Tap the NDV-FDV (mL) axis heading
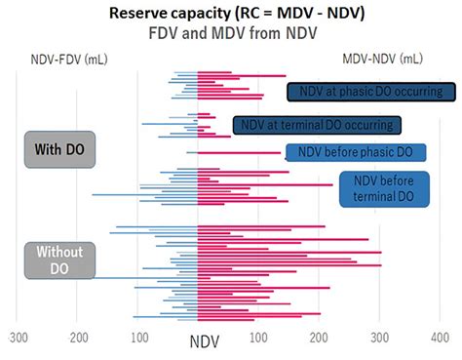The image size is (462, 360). click(59, 60)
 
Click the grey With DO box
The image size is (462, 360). click(58, 149)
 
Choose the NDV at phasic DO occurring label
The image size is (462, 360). click(371, 92)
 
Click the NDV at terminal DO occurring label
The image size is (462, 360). click(317, 125)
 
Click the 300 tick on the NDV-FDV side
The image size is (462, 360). click(19, 338)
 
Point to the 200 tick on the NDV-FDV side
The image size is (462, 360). click(79, 338)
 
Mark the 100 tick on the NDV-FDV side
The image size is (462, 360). click(138, 338)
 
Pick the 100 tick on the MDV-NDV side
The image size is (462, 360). click(258, 338)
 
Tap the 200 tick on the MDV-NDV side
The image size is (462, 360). click(318, 338)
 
